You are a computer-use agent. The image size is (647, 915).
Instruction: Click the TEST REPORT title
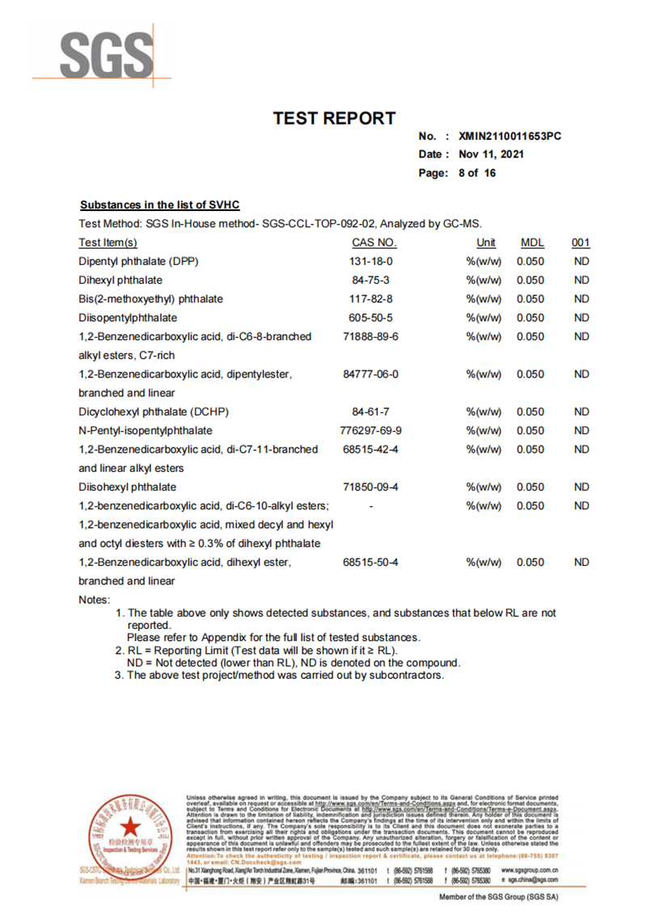click(x=334, y=119)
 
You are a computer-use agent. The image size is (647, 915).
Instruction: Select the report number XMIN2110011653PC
click(x=510, y=137)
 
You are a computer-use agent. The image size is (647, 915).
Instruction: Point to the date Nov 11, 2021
click(x=491, y=154)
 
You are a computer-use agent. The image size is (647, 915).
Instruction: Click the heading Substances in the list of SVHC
click(x=159, y=205)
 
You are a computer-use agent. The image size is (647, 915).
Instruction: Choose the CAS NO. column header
click(x=374, y=242)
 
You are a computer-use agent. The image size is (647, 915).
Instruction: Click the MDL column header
click(x=532, y=242)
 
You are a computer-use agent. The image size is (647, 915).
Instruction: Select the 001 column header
click(x=581, y=242)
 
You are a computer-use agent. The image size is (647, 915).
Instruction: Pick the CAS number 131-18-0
click(x=370, y=261)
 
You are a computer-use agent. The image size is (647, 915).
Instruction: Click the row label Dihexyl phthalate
click(x=121, y=280)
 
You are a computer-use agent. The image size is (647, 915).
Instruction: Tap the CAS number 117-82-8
click(x=370, y=299)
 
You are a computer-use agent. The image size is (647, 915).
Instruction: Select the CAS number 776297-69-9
click(x=370, y=431)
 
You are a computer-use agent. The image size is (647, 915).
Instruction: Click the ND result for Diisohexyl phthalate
click(x=581, y=487)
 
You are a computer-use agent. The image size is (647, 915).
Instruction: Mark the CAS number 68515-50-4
click(x=370, y=563)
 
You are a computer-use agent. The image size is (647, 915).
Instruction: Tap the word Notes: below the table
click(x=94, y=600)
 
